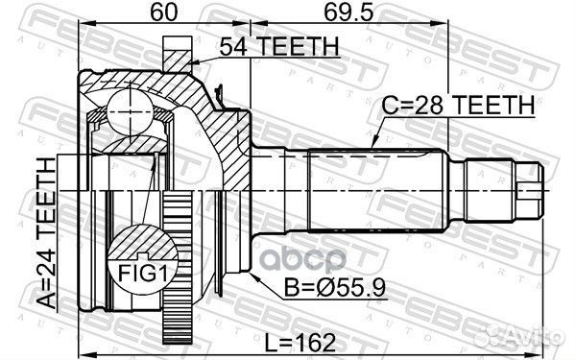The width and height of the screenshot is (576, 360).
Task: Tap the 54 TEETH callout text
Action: coord(279,47)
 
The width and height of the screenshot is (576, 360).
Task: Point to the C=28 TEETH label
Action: coord(458,105)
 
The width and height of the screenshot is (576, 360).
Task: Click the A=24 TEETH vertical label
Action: coord(47,233)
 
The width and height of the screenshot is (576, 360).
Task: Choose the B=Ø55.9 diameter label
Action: coord(335,287)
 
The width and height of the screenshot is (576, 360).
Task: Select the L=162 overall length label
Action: coord(300,343)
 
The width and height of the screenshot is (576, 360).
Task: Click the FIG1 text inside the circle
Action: coord(142,273)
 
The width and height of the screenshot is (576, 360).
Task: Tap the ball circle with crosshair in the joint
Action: coord(130,111)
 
